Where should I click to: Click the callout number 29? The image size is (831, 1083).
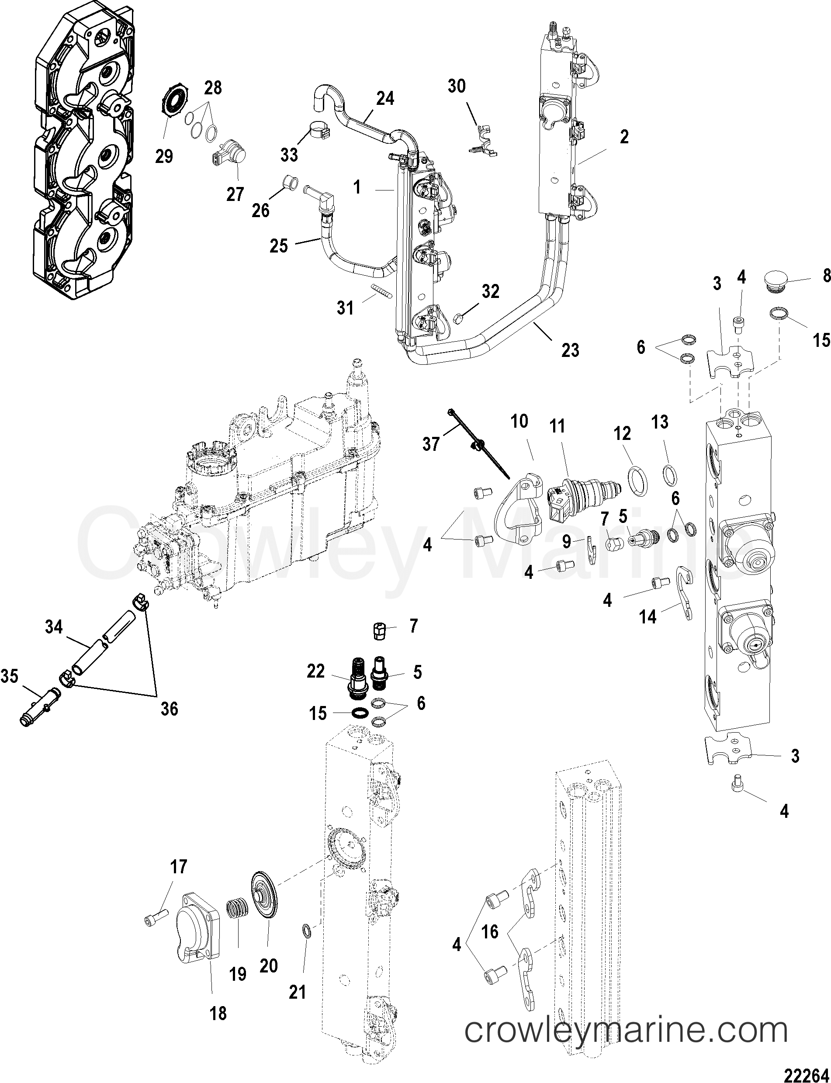tap(164, 156)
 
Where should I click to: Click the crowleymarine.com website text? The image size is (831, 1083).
tap(626, 1029)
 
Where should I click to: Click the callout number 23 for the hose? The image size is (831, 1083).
tap(570, 350)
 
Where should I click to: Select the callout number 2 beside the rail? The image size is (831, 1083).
tap(624, 137)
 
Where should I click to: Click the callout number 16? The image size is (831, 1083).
tap(490, 932)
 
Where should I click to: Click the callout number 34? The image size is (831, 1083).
tap(54, 626)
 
